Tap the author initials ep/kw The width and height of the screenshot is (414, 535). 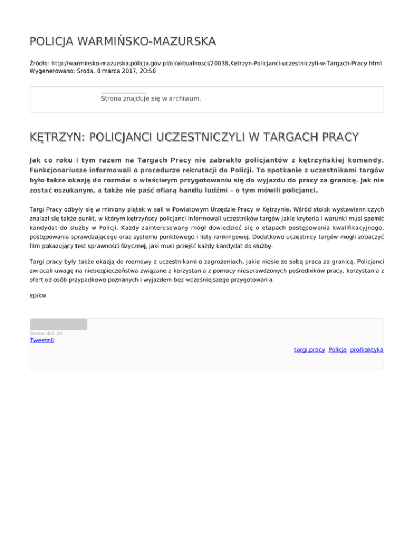37,295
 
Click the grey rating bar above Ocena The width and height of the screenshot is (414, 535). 58,324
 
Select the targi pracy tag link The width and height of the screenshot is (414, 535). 309,350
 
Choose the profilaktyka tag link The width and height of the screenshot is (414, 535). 367,350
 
